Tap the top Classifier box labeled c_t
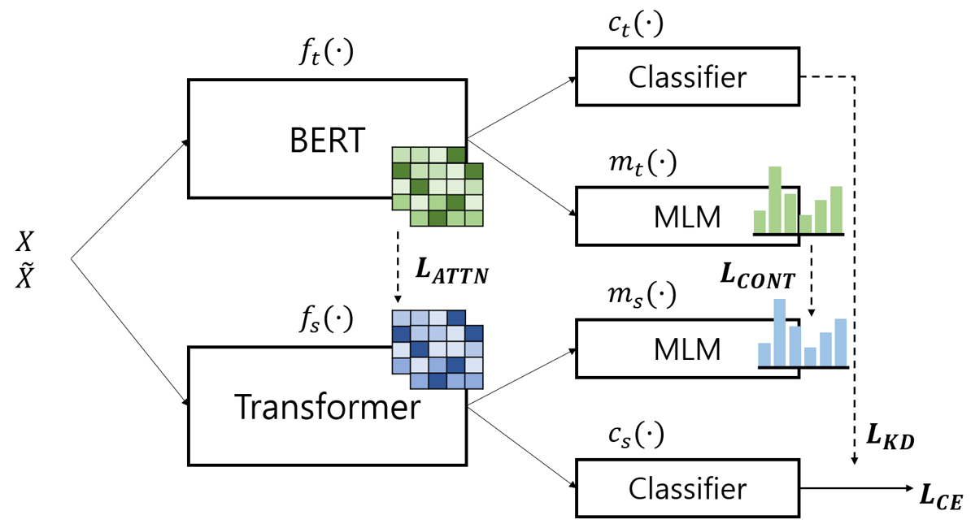tap(687, 76)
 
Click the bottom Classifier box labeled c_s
tap(687, 488)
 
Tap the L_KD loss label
tap(890, 437)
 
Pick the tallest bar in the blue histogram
tap(780, 332)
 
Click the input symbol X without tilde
tap(27, 241)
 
